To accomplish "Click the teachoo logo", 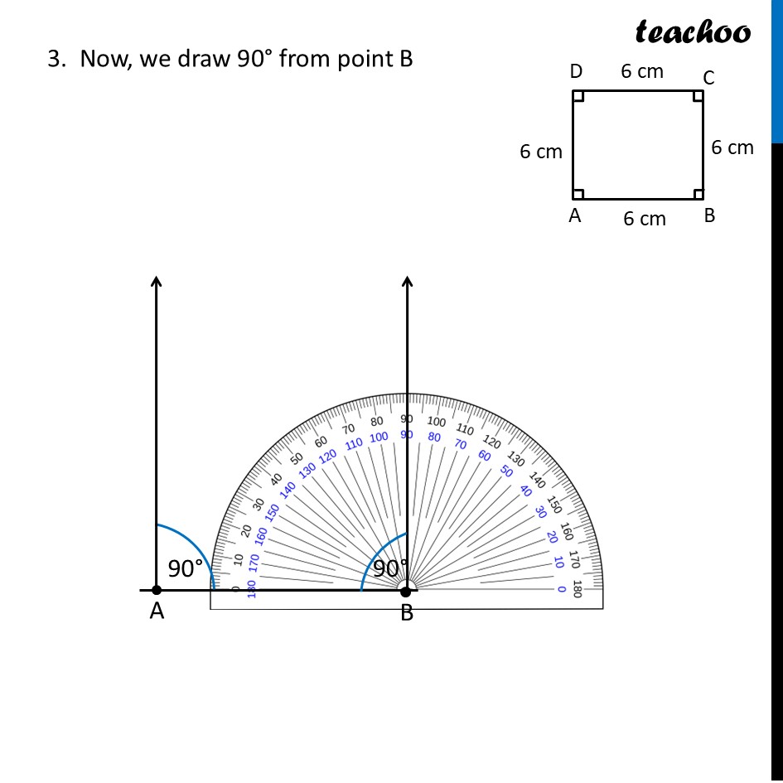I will point(693,31).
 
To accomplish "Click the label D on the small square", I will point(576,72).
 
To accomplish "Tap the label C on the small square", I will point(708,78).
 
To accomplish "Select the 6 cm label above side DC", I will point(642,71).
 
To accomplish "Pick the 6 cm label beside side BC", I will point(732,147).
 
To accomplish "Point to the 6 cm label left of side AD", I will point(541,152).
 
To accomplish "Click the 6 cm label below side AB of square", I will point(645,219).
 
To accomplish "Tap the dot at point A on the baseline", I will point(157,590).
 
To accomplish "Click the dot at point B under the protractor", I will point(406,590).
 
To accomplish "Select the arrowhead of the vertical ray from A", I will point(157,282).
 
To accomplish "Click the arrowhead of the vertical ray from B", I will point(407,282).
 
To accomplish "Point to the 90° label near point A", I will point(186,569).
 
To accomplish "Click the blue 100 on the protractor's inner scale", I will point(379,437).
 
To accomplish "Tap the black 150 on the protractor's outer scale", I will point(554,505).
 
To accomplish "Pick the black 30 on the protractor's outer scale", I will point(259,504).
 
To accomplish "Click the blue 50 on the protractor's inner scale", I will point(506,471).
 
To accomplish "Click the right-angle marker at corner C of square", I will point(698,96).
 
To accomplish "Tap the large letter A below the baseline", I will point(157,613).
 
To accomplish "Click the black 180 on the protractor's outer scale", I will point(577,589).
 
